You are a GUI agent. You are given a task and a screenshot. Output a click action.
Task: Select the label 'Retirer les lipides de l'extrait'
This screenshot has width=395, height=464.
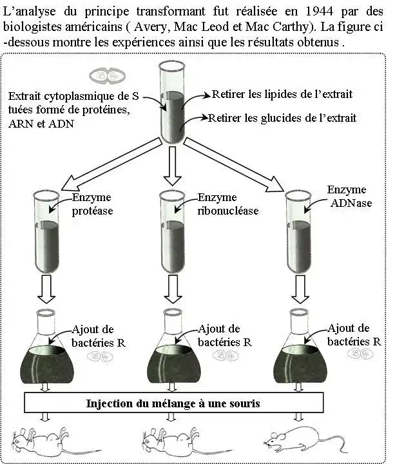point(282,95)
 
